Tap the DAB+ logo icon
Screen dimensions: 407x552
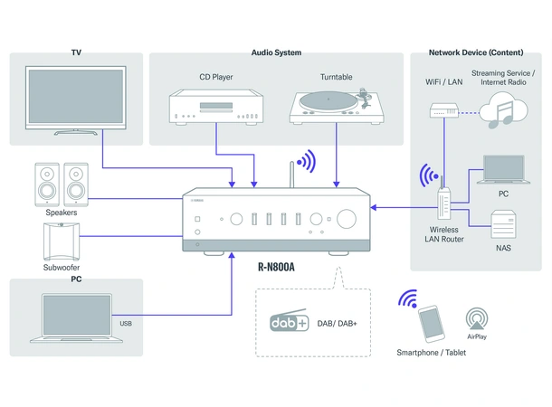click(x=290, y=322)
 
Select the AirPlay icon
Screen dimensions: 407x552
click(x=478, y=317)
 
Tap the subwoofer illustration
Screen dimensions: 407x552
click(x=62, y=241)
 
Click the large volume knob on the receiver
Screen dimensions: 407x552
click(x=347, y=218)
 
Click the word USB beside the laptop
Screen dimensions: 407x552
click(x=126, y=323)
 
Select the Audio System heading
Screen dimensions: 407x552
click(x=276, y=52)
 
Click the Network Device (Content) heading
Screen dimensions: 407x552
click(x=475, y=52)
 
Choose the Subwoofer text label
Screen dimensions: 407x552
click(x=62, y=268)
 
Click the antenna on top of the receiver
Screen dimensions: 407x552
click(x=291, y=175)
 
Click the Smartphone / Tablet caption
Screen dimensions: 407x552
click(x=432, y=353)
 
